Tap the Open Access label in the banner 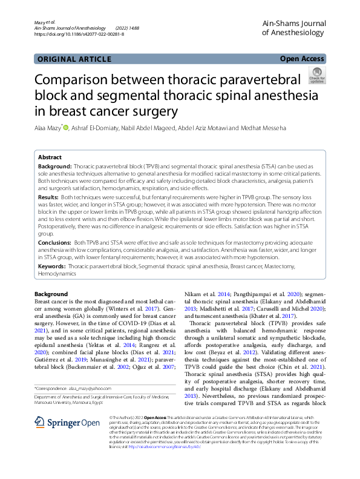pos(302,59)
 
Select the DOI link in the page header pos(79,35)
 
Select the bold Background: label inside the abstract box pos(55,166)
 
